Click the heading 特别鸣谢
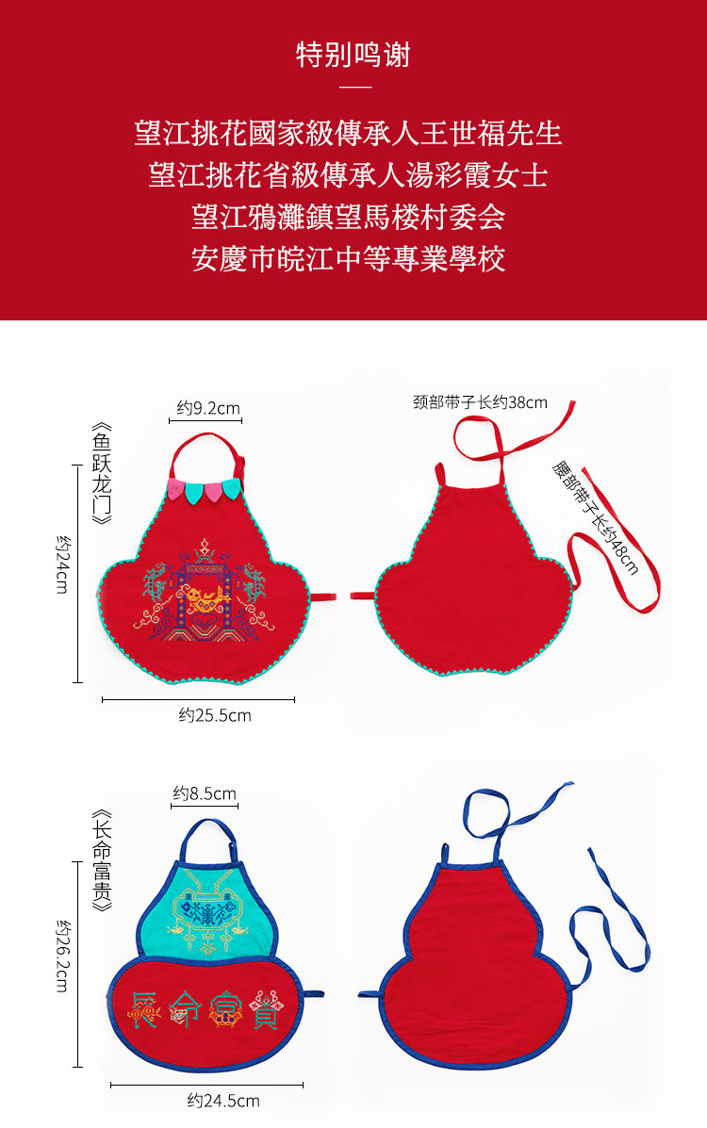(353, 55)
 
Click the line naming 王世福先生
(349, 133)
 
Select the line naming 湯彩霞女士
(349, 174)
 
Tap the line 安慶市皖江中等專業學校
(349, 258)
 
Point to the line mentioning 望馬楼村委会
(349, 217)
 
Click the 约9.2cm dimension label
(209, 408)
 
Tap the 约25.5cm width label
(215, 715)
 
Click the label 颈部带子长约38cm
(480, 402)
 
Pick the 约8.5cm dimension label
(205, 793)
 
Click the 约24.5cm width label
(223, 1100)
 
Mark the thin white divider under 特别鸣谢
(353, 88)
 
